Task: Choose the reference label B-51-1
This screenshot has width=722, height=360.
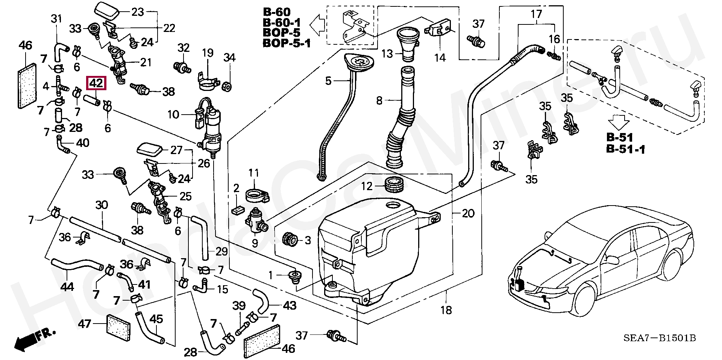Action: [625, 150]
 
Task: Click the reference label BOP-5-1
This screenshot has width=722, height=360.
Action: [287, 44]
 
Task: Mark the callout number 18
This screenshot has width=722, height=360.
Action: [446, 310]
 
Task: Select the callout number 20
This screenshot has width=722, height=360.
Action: [468, 213]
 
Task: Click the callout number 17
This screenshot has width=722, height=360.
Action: [536, 14]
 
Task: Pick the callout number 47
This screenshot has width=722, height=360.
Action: [85, 324]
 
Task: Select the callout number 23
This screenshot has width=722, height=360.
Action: [138, 12]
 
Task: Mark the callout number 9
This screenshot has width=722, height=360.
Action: [255, 243]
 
